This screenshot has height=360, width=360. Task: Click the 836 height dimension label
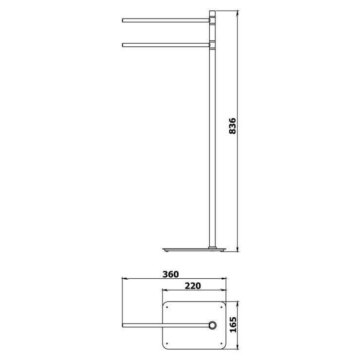point(233,126)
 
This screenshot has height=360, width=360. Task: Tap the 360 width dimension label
point(171,274)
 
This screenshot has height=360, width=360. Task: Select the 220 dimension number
point(193,286)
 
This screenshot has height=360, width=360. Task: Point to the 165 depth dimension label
point(233,324)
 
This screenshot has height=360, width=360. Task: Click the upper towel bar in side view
point(166,20)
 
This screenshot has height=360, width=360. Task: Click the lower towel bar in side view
point(166,45)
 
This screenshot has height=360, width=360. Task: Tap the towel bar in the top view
point(165,325)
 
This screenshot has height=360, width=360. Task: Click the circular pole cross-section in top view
point(213,325)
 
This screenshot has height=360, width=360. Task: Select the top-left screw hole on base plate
point(167,307)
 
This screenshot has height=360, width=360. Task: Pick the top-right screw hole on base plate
point(221,307)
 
